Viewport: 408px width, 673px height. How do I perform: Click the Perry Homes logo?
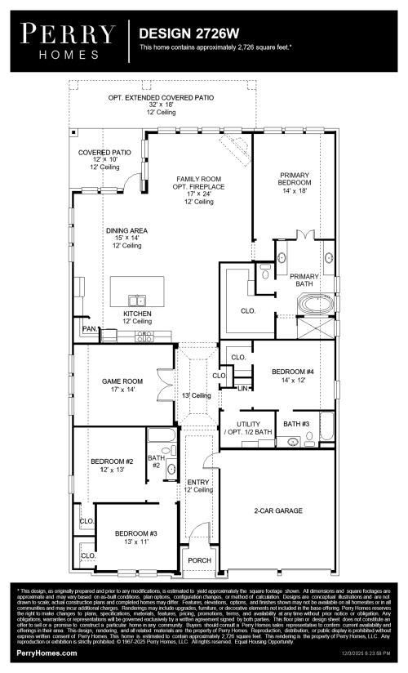69,41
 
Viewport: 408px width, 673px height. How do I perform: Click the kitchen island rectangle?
137,289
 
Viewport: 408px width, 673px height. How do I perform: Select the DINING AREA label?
126,231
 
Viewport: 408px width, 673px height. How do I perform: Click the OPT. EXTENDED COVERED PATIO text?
161,97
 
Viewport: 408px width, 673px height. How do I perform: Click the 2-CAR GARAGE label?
277,510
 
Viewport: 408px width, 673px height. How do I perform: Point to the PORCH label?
199,560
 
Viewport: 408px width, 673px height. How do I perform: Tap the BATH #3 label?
296,424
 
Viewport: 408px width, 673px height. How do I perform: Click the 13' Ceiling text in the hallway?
196,395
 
